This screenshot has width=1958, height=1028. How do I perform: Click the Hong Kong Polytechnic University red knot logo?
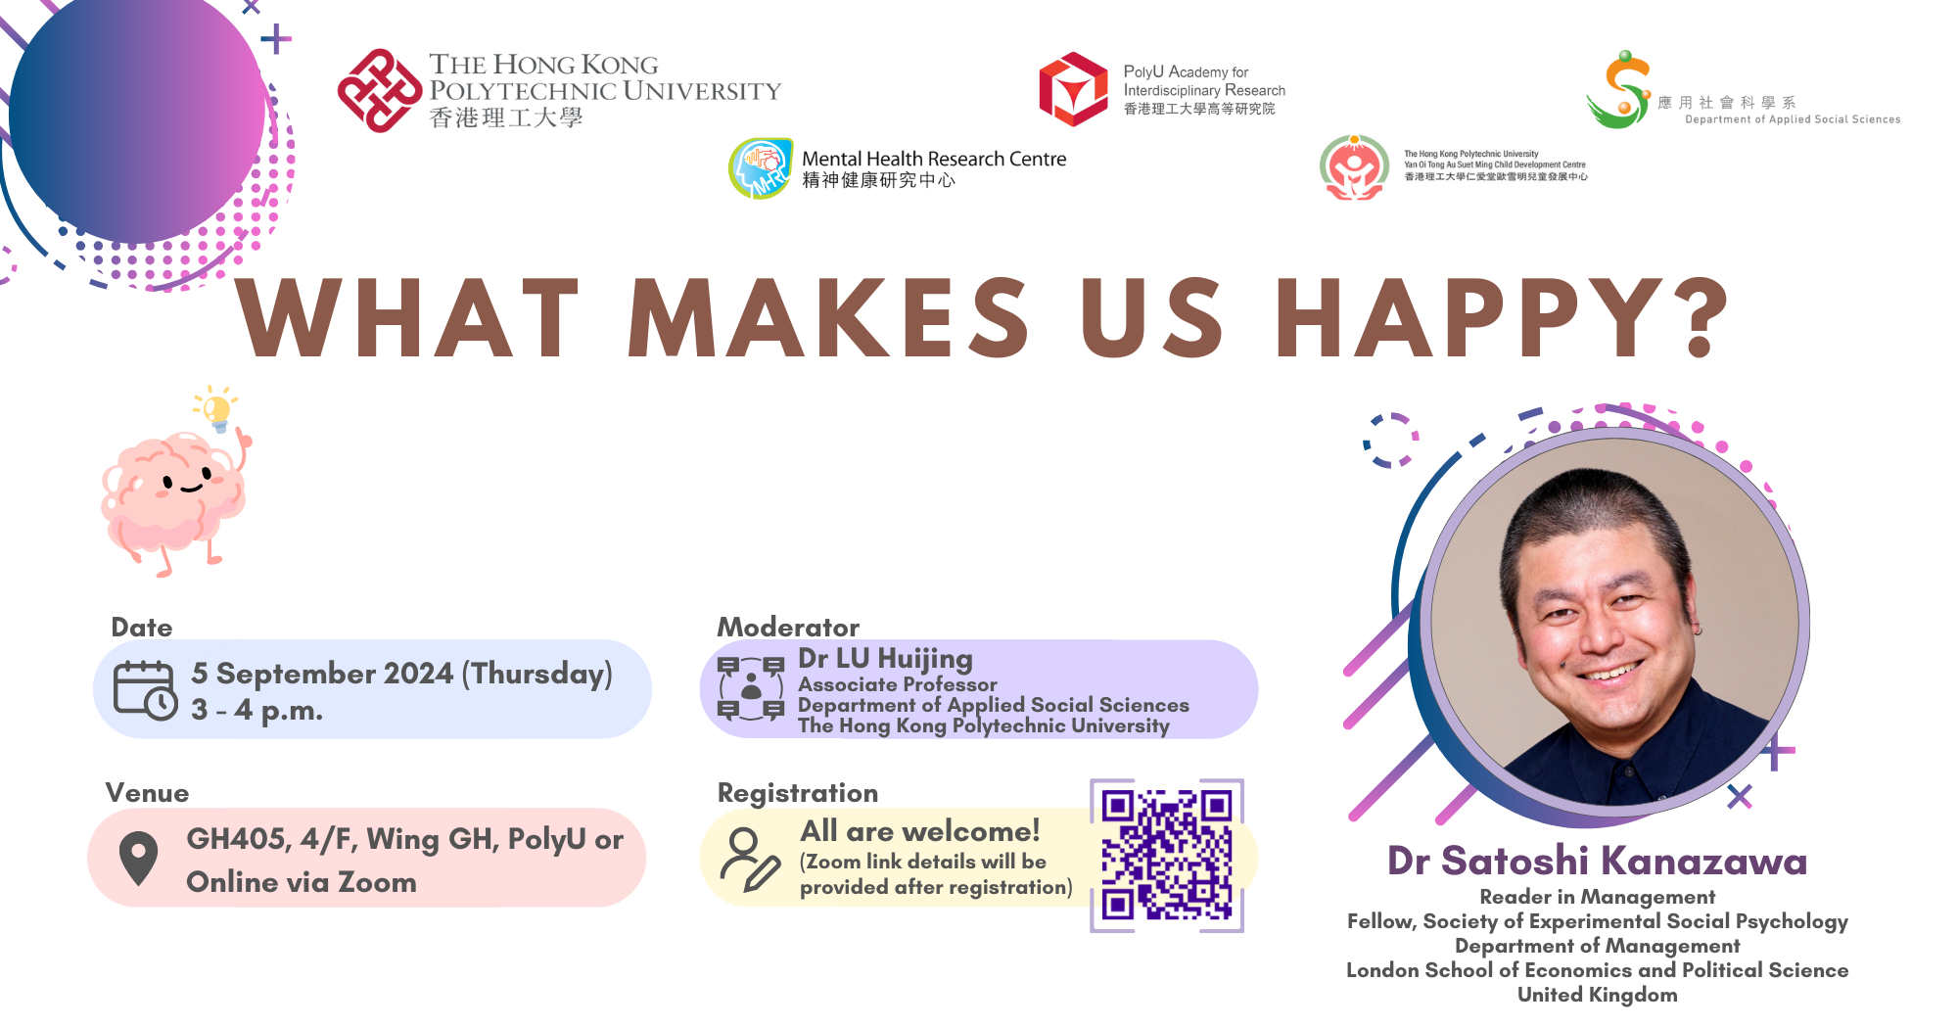[380, 91]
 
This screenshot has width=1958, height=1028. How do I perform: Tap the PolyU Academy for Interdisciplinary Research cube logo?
[1073, 89]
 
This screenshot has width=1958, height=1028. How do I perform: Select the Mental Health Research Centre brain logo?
[761, 168]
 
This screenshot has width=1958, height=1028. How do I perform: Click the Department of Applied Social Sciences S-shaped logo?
[1619, 90]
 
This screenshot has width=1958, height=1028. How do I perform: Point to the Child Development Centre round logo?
[1354, 167]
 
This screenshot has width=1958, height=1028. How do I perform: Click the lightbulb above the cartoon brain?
[216, 408]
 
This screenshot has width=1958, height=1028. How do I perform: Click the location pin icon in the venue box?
[138, 859]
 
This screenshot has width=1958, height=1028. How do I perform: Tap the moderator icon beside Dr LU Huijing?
[751, 688]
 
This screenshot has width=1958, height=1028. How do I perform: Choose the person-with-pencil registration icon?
[750, 859]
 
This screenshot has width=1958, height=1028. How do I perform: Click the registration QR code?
[1167, 856]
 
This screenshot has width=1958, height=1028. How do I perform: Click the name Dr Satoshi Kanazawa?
[1598, 861]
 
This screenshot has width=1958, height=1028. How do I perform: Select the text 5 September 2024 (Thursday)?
[402, 674]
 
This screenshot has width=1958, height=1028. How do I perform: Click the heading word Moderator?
[788, 627]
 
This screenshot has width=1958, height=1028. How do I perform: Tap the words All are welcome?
[920, 831]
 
